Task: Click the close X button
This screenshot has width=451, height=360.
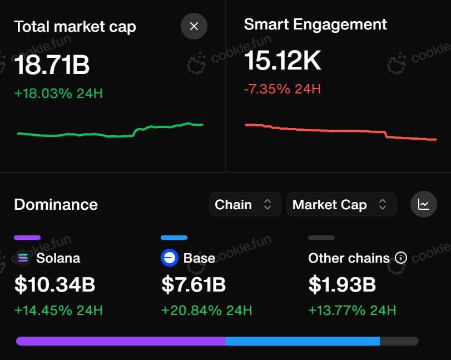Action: [x=194, y=26]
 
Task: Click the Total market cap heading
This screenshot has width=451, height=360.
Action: [x=75, y=26]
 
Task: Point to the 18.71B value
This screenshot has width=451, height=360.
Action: [x=52, y=65]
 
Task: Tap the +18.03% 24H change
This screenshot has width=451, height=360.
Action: [x=58, y=93]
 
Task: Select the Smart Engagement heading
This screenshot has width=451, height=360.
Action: [x=315, y=24]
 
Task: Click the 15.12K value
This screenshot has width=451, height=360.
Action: [x=283, y=61]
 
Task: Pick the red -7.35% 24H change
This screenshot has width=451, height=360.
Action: [x=282, y=89]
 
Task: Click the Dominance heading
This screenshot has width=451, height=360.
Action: [x=56, y=205]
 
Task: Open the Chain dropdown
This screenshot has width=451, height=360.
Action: [x=244, y=204]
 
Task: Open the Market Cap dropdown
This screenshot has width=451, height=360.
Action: [x=340, y=204]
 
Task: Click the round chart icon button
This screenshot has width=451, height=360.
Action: [x=424, y=204]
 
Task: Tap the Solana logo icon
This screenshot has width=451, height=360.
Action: [x=23, y=258]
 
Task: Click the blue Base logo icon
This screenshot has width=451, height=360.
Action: [x=170, y=258]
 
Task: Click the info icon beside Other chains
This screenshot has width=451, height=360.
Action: [x=400, y=258]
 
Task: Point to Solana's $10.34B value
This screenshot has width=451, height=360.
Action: [x=54, y=285]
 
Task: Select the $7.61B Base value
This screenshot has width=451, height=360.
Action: [x=194, y=285]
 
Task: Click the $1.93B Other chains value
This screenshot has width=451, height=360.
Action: [x=342, y=285]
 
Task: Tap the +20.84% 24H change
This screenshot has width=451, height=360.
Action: [x=206, y=310]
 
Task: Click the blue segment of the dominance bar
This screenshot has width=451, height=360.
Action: [x=302, y=341]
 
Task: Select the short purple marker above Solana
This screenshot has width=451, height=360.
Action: [x=27, y=238]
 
